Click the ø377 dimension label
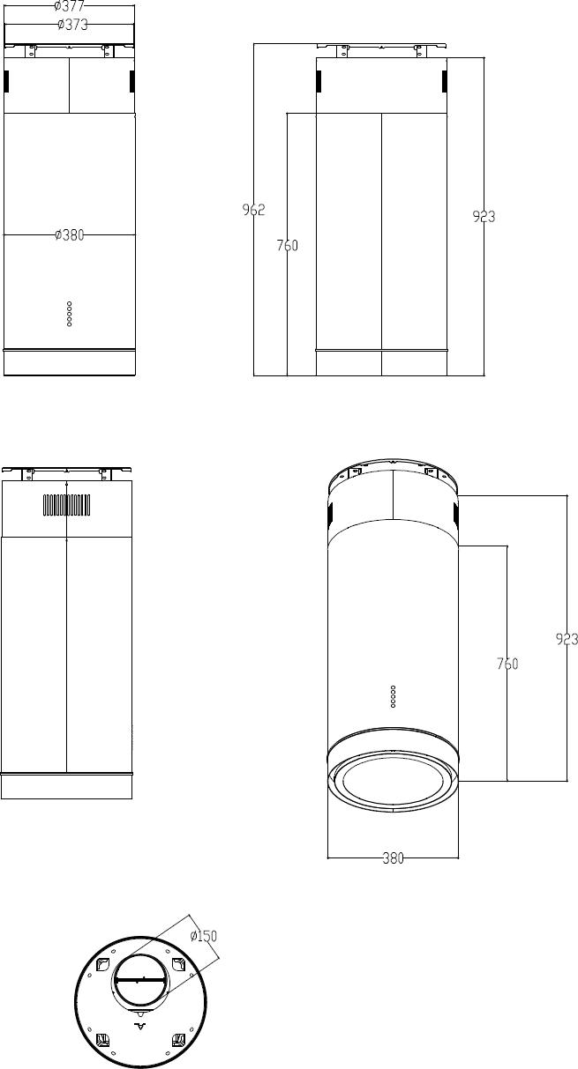pos(69,6)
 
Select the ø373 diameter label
pos(72,25)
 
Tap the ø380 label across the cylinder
pos(69,234)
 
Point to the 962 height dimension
pos(253,210)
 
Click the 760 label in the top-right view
pos(287,245)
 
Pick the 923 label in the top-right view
pos(484,217)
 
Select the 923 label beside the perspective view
pos(567,639)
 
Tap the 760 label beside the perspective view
pos(507,664)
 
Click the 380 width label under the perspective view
pos(394,858)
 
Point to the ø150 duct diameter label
pos(204,936)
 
